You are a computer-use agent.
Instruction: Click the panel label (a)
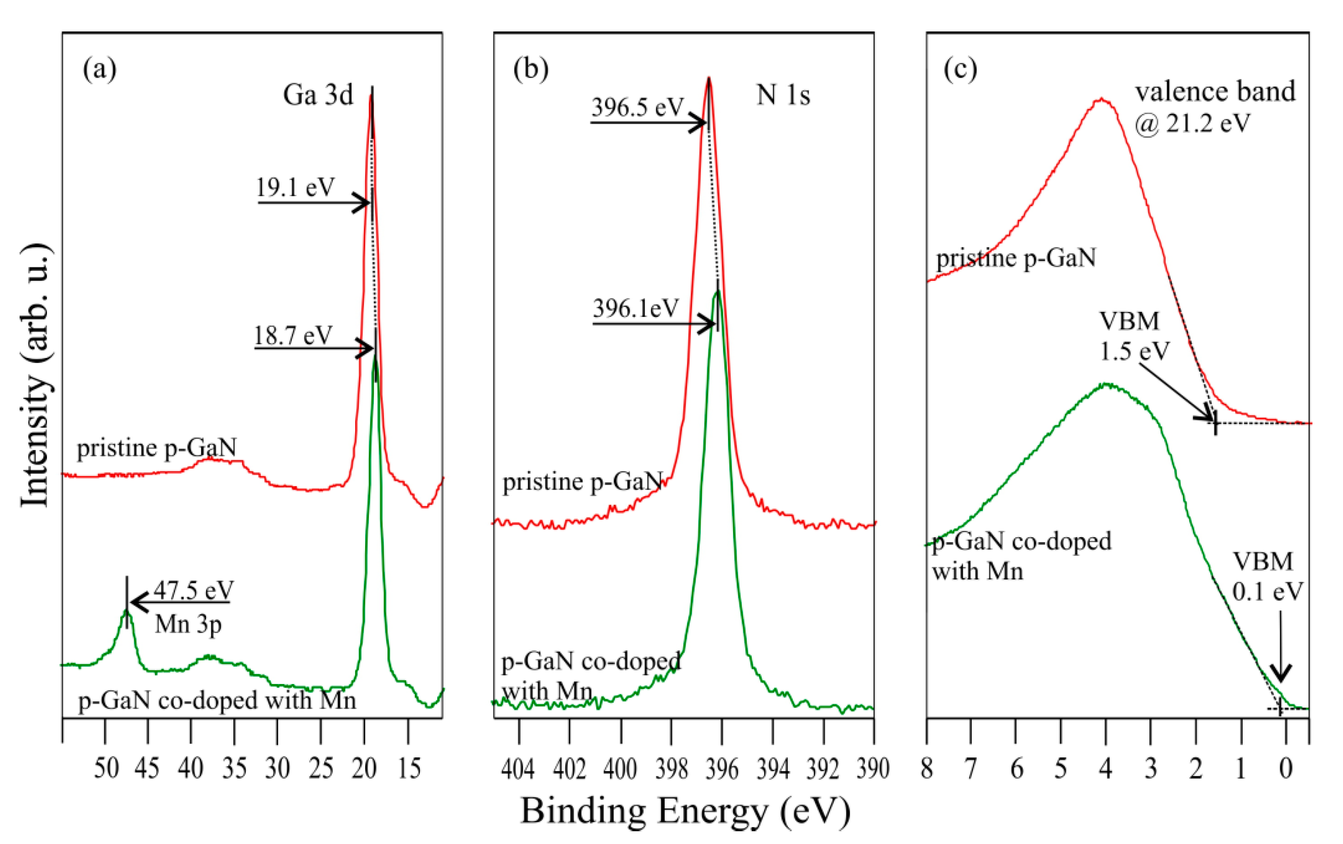click(99, 69)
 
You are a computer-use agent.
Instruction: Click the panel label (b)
click(530, 69)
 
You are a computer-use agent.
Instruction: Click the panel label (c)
click(960, 69)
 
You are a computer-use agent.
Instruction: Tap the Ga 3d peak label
click(318, 95)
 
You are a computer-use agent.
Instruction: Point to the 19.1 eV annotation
click(295, 187)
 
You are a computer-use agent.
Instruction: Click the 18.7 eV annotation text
click(293, 336)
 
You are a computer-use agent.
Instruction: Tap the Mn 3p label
click(188, 623)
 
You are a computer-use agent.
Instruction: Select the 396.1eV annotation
click(636, 308)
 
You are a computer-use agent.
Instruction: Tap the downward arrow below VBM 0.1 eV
click(1281, 647)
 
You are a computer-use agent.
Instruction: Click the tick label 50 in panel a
click(106, 769)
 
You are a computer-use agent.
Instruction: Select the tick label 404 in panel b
click(518, 769)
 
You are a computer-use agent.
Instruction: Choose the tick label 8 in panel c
click(927, 769)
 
